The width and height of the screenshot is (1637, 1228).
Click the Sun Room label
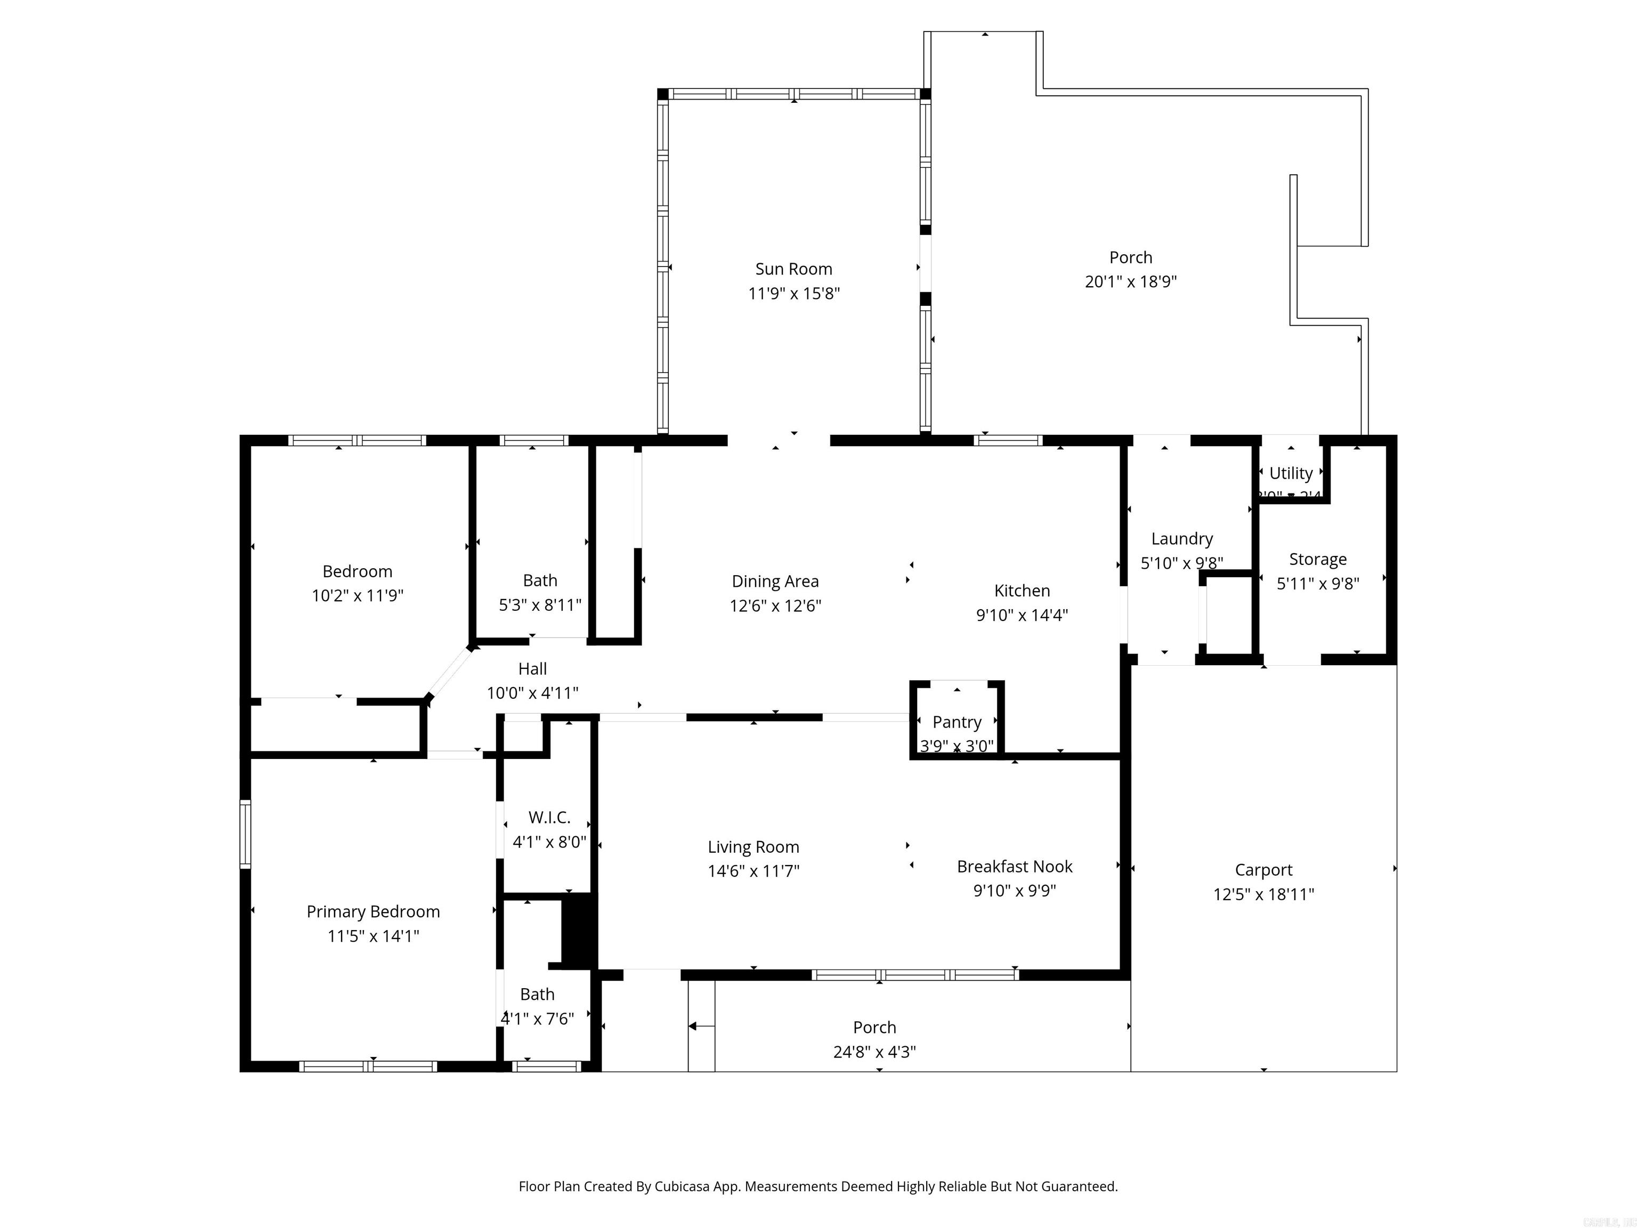click(x=793, y=269)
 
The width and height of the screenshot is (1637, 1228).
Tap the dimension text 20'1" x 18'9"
click(x=1130, y=281)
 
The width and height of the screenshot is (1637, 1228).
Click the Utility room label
click(x=1291, y=473)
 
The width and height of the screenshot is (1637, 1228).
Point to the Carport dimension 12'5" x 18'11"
click(x=1263, y=894)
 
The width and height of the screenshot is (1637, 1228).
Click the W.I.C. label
click(x=549, y=817)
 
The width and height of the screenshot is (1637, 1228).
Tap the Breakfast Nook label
click(x=1014, y=866)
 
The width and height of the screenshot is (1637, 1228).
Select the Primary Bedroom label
click(x=373, y=911)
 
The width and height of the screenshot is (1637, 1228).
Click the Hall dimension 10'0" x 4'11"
click(x=532, y=693)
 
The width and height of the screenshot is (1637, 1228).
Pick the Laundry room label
click(x=1181, y=539)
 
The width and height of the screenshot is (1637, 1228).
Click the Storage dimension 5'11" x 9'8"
click(x=1317, y=583)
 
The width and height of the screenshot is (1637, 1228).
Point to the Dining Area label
click(x=775, y=581)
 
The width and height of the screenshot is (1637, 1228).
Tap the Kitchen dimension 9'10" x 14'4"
click(x=1022, y=615)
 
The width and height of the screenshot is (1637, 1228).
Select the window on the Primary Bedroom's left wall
click(x=245, y=834)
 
